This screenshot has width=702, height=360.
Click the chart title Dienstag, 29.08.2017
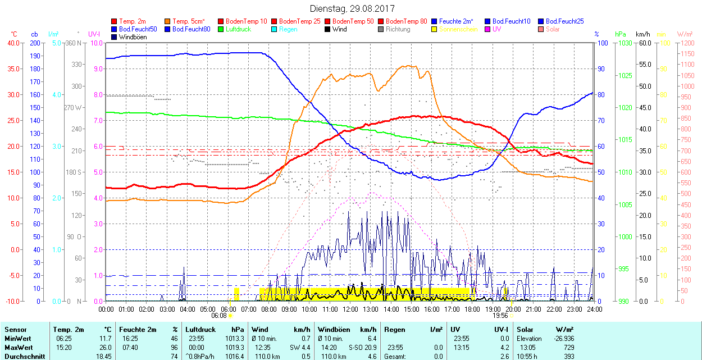(352, 9)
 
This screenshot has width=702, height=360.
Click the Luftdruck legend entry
(235, 29)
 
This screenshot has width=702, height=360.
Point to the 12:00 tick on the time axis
(350, 309)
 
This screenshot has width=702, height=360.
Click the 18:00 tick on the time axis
(472, 309)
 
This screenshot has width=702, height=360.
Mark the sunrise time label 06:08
(218, 316)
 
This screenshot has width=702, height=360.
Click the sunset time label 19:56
(501, 316)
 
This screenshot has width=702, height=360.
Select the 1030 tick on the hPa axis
(624, 43)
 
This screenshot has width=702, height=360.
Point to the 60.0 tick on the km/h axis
(643, 43)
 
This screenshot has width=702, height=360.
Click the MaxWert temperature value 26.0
(104, 348)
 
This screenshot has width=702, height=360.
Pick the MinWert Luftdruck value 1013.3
(234, 339)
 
